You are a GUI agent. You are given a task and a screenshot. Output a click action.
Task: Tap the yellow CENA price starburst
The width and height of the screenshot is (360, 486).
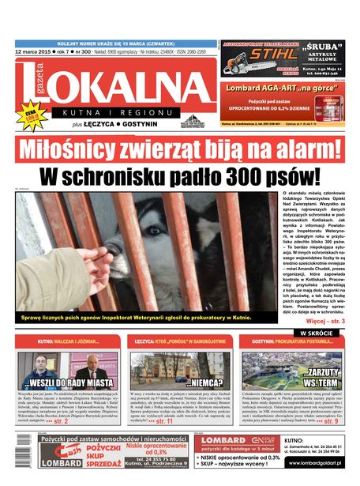click(31, 116)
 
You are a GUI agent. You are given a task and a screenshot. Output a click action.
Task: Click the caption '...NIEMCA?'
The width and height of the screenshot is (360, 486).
click(206, 382)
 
